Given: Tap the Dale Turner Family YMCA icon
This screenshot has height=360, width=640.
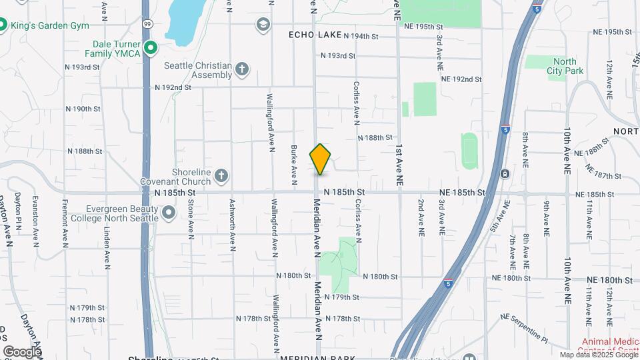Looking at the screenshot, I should [x=151, y=47].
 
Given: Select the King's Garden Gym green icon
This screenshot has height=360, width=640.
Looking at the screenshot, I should [x=2, y=25].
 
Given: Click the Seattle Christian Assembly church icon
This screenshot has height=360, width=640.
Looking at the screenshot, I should [x=241, y=69].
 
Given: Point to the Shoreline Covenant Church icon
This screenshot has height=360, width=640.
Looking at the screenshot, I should [x=221, y=176].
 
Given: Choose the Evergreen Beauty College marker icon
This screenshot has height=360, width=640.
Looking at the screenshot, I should [x=169, y=213].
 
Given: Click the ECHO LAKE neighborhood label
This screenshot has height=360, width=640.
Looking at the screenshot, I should [x=315, y=35].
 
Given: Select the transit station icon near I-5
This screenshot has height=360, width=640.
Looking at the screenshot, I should [x=505, y=174].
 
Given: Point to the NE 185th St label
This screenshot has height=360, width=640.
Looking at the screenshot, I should [x=461, y=193].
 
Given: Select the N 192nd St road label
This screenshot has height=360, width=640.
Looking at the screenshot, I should [x=173, y=87].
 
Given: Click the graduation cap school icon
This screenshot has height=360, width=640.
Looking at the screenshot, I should [x=263, y=25].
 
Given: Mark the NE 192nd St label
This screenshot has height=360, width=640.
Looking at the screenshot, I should [x=461, y=79].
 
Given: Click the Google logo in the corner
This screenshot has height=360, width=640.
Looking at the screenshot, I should [x=21, y=351].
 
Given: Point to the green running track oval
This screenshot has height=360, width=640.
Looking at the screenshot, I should [x=470, y=151].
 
